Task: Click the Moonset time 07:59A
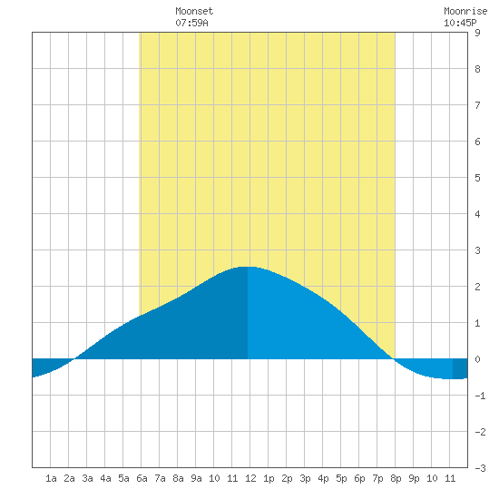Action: (191, 23)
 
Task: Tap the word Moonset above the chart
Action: (194, 12)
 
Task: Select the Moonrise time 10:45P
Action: (460, 23)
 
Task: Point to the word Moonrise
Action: (465, 12)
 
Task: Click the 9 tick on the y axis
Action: (477, 33)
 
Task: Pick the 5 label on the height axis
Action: (477, 178)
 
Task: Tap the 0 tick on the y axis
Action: (477, 359)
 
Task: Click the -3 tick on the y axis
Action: (480, 468)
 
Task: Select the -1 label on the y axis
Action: (480, 396)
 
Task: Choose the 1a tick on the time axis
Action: (51, 478)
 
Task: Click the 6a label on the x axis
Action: (142, 478)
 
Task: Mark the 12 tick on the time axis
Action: (250, 478)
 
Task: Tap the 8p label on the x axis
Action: (396, 478)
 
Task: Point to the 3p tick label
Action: (305, 478)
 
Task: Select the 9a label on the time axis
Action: (196, 478)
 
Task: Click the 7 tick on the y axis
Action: (477, 105)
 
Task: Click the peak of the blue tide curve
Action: (248, 267)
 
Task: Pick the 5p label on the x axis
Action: (341, 478)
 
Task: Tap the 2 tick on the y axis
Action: (477, 287)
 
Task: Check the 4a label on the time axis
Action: (105, 478)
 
